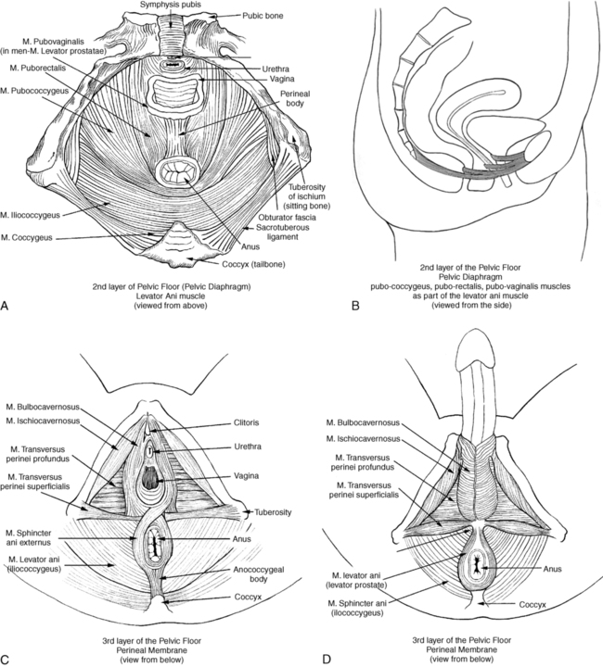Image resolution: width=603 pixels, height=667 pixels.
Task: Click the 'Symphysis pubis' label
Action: point(171,5)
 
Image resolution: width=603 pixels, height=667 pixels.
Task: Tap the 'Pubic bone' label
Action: point(263,16)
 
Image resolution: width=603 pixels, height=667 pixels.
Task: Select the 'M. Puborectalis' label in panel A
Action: point(37,68)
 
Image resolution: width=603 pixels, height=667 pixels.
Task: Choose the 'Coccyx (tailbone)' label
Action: point(253,265)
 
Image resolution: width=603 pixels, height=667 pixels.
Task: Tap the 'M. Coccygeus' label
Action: point(27,238)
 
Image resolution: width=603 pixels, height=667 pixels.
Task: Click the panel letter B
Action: point(355,306)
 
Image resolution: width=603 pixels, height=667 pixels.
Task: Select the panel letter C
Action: point(5,660)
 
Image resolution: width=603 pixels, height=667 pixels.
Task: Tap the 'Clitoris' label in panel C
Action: point(246,422)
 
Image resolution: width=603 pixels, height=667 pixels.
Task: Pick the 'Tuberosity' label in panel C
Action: point(273,512)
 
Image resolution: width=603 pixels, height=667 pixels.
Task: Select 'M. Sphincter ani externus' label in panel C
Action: point(29,537)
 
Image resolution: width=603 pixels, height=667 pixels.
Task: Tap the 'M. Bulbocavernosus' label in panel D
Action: point(363,422)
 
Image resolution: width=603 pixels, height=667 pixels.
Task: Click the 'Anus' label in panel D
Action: point(552,569)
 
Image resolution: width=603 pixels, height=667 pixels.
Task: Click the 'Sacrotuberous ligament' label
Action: point(282,233)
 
